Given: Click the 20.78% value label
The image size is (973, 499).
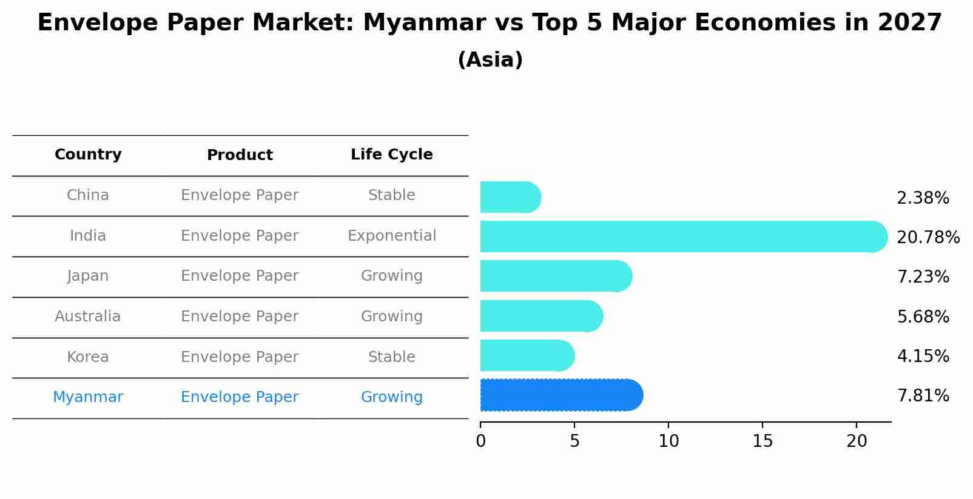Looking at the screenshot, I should [x=928, y=237].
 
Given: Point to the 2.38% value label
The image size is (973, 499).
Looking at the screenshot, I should [x=923, y=198].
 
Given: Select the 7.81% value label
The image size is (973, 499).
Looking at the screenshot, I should [x=923, y=396].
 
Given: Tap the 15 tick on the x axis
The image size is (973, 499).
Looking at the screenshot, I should [x=763, y=441].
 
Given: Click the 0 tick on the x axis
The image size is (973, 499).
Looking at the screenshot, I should [x=480, y=441].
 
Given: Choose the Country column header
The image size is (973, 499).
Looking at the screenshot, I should [x=88, y=155].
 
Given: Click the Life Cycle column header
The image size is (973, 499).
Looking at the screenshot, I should [x=391, y=155].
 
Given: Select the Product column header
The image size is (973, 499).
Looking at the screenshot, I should [x=240, y=155].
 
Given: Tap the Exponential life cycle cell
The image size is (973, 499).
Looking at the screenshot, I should [x=391, y=236].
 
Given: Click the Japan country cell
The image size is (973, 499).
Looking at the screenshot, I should [x=88, y=276].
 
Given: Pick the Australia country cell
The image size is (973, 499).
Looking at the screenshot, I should [x=88, y=316].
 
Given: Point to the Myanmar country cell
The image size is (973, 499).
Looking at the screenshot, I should [x=88, y=397].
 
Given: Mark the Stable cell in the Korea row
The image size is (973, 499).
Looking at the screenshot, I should [x=391, y=357].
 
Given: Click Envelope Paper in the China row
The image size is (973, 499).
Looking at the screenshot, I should [x=240, y=195].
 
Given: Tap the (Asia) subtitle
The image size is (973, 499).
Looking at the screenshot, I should [x=490, y=60].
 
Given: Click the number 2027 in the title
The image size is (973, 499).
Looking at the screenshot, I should [x=909, y=23].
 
